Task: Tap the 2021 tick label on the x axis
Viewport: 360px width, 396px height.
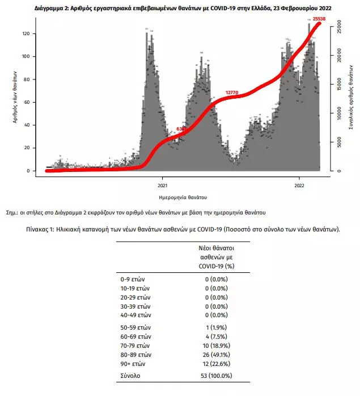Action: pos(162,185)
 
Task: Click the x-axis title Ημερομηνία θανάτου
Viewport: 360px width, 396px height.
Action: pos(183,198)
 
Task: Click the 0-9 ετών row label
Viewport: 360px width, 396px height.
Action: pos(134,279)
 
